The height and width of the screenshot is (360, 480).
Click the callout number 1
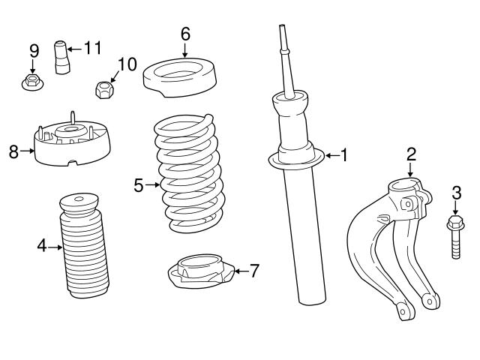(343, 155)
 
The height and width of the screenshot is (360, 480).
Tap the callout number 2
(411, 154)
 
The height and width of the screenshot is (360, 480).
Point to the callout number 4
(42, 245)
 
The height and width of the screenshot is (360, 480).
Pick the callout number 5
(139, 184)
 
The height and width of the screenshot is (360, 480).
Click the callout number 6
(185, 34)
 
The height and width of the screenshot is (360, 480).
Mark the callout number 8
(13, 152)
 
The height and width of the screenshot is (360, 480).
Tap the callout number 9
(34, 50)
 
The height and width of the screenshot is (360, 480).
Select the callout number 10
(127, 64)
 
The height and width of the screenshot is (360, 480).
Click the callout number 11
(92, 48)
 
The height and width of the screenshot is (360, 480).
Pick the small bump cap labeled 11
(61, 58)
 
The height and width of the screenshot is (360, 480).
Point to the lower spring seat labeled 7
(199, 274)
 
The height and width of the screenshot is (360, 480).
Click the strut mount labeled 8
(70, 146)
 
